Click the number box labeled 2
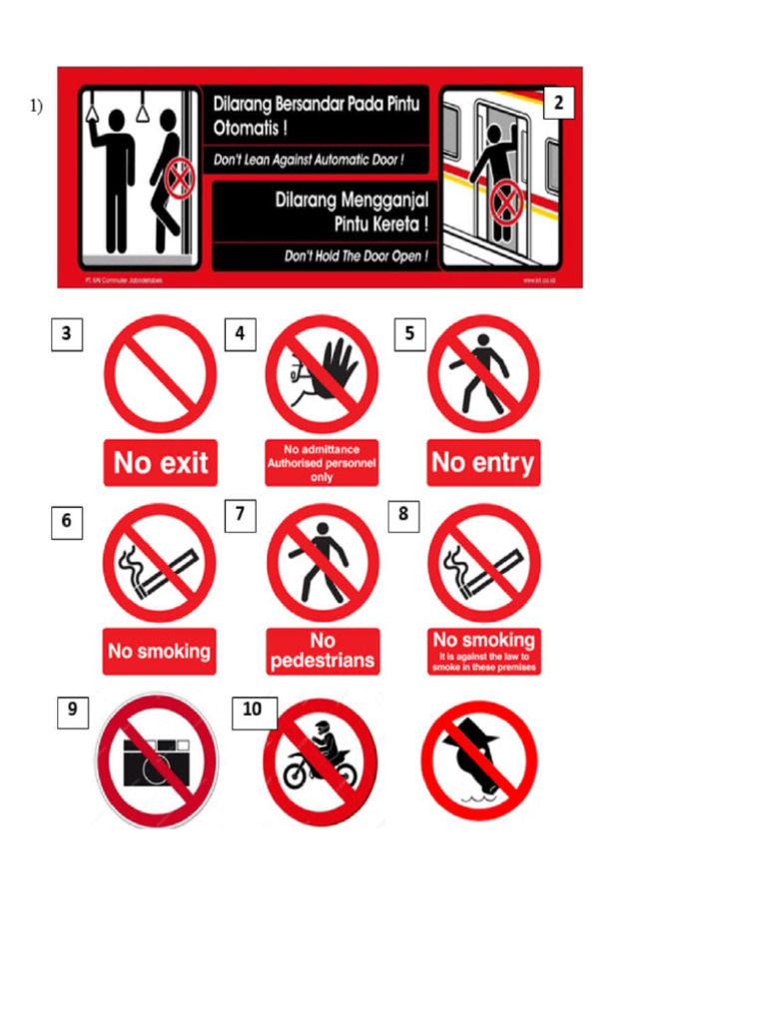click(558, 103)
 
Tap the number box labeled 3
click(66, 334)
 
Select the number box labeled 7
click(240, 515)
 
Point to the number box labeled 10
click(254, 711)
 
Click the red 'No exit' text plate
click(161, 463)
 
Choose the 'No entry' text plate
click(483, 463)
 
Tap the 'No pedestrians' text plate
click(323, 651)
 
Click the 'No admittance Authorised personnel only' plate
click(322, 463)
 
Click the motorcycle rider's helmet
click(322, 729)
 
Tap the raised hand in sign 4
click(337, 365)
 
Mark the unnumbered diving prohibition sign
click(479, 761)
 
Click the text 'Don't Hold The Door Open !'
click(356, 256)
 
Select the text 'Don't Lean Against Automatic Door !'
click(309, 160)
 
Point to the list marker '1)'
click(36, 106)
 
